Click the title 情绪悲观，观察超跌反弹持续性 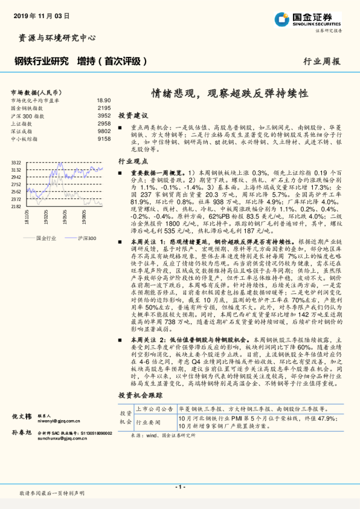click(x=230, y=94)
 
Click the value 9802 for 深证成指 click(x=104, y=131)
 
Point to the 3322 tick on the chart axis click(x=16, y=163)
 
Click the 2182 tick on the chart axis click(x=16, y=206)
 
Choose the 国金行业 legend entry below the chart click(x=46, y=239)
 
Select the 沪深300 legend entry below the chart click(x=86, y=239)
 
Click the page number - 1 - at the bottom click(x=179, y=487)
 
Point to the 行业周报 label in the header click(x=321, y=61)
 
